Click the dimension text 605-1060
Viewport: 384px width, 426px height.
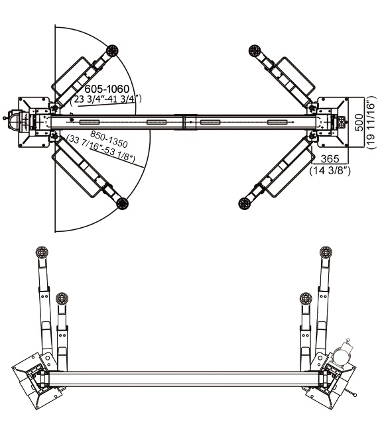pyautogui.click(x=107, y=89)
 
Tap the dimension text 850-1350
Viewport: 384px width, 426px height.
pyautogui.click(x=109, y=138)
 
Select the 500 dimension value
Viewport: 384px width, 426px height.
pyautogui.click(x=359, y=123)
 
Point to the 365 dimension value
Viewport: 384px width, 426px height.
pyautogui.click(x=330, y=158)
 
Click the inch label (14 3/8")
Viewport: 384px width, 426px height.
pyautogui.click(x=330, y=171)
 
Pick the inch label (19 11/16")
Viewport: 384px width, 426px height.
pyautogui.click(x=371, y=123)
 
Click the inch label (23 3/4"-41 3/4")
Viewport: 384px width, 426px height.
pyautogui.click(x=105, y=99)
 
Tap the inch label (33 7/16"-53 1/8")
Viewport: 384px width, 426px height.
pyautogui.click(x=101, y=149)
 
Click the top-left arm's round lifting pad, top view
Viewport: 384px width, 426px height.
pyautogui.click(x=113, y=50)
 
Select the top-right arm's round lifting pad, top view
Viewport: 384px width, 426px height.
pyautogui.click(x=255, y=51)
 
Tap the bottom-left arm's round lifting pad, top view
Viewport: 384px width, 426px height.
pyautogui.click(x=122, y=203)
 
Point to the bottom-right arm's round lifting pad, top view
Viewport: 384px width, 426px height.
pyautogui.click(x=245, y=203)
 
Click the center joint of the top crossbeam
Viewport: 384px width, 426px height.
pyautogui.click(x=186, y=122)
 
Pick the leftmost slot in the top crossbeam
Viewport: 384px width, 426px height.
pyautogui.click(x=90, y=123)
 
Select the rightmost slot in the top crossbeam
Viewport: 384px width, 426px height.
pyautogui.click(x=277, y=123)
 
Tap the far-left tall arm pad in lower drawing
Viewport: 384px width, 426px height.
pyautogui.click(x=42, y=252)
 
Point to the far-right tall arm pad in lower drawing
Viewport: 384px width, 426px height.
pyautogui.click(x=326, y=252)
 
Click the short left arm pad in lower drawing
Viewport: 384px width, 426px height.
pyautogui.click(x=62, y=298)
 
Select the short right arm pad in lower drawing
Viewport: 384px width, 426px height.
pyautogui.click(x=306, y=299)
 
